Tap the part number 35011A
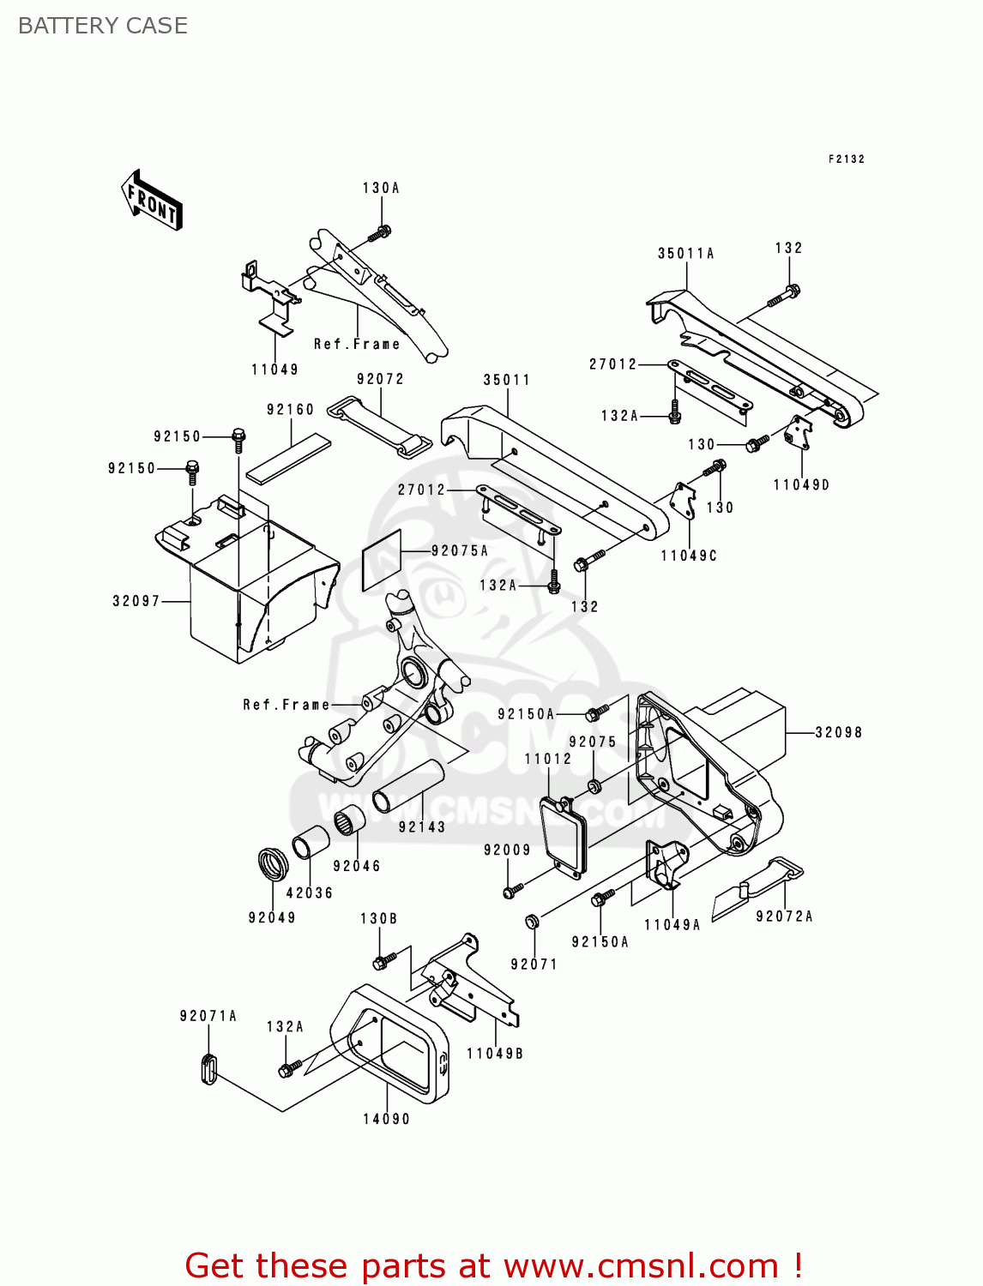(x=685, y=254)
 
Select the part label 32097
(x=136, y=601)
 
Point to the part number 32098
(x=838, y=733)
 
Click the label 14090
(x=386, y=1119)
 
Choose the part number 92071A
(x=208, y=1016)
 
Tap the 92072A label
(x=784, y=916)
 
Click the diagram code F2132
(x=846, y=159)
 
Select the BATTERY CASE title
(x=103, y=26)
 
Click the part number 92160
(x=290, y=410)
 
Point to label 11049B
(x=495, y=1054)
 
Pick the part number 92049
(x=272, y=917)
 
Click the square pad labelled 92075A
(x=382, y=560)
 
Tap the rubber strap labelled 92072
(x=380, y=427)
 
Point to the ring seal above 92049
(x=274, y=863)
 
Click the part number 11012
(x=547, y=759)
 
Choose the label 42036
(x=309, y=892)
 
